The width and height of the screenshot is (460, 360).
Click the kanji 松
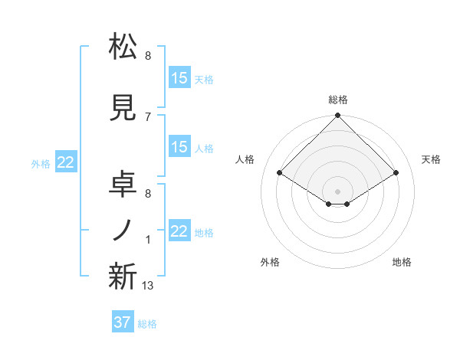(123, 47)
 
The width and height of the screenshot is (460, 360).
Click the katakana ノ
(123, 231)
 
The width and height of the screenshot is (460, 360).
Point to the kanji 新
(123, 277)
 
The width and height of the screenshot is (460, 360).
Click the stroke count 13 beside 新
(148, 286)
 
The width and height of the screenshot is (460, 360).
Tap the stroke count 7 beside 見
(148, 116)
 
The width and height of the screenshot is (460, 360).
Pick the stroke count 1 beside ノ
(148, 241)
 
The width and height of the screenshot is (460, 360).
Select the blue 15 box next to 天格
(179, 78)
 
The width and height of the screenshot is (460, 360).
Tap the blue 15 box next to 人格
(179, 147)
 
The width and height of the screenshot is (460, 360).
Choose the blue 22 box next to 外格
(66, 162)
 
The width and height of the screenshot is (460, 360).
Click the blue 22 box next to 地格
(179, 231)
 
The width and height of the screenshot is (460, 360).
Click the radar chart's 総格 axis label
(337, 100)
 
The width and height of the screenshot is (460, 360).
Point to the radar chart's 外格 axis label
(270, 263)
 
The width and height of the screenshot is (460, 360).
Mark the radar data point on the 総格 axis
(337, 116)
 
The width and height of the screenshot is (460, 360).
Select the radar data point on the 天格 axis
(396, 174)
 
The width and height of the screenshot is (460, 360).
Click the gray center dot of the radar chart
(337, 190)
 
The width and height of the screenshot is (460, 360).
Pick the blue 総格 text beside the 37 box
(147, 324)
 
